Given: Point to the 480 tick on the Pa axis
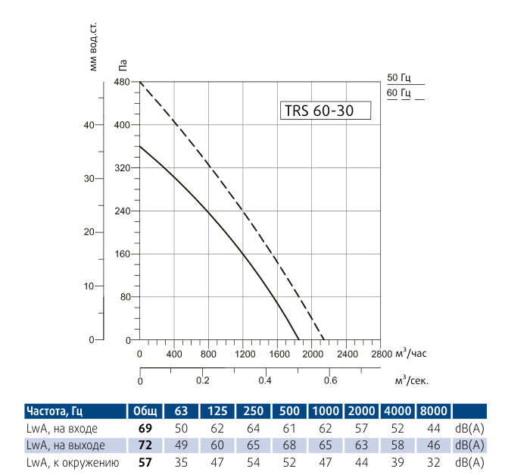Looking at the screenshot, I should pyautogui.click(x=122, y=81).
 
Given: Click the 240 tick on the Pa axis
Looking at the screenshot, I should pyautogui.click(x=122, y=211).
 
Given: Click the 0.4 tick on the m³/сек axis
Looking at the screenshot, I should pyautogui.click(x=265, y=380).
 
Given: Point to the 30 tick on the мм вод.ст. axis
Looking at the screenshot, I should pyautogui.click(x=88, y=179).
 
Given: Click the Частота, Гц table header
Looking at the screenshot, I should pyautogui.click(x=54, y=411).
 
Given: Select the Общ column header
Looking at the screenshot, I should pyautogui.click(x=145, y=411).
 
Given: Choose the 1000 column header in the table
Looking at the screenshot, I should pyautogui.click(x=326, y=411).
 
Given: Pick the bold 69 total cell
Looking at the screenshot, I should pyautogui.click(x=145, y=428).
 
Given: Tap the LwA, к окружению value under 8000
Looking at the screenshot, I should pyautogui.click(x=434, y=461).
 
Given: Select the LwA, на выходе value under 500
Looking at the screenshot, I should pyautogui.click(x=290, y=445).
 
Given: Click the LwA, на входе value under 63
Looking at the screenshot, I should pyautogui.click(x=181, y=428).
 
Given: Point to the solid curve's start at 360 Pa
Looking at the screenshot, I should pyautogui.click(x=139, y=145).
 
